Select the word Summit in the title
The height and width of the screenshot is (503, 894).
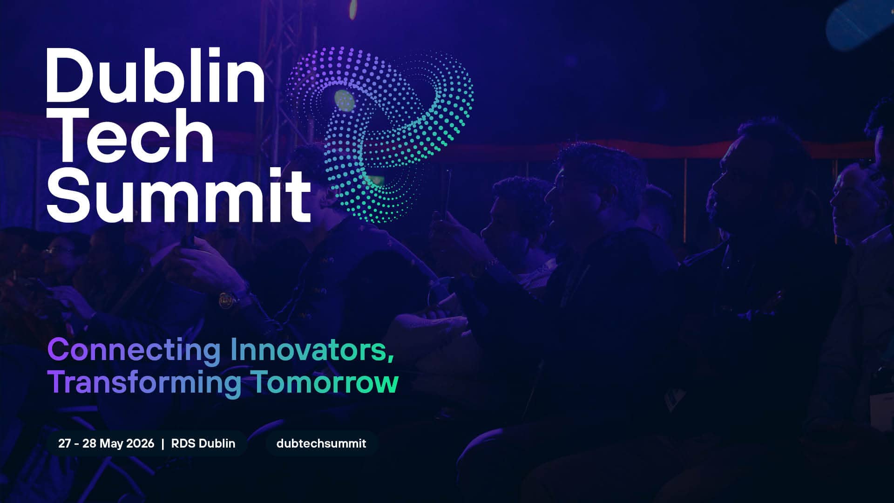coord(178,194)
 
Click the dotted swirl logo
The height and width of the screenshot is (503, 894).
coord(379,134)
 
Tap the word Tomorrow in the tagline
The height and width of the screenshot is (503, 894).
coord(325,382)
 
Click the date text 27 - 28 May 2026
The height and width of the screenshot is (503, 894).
coord(106,443)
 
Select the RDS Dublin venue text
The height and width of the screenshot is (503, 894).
coord(203,443)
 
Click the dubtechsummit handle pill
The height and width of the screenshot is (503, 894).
coord(321,443)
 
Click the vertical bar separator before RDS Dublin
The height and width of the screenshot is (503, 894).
coord(163,443)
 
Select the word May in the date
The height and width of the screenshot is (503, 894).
coord(111,444)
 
